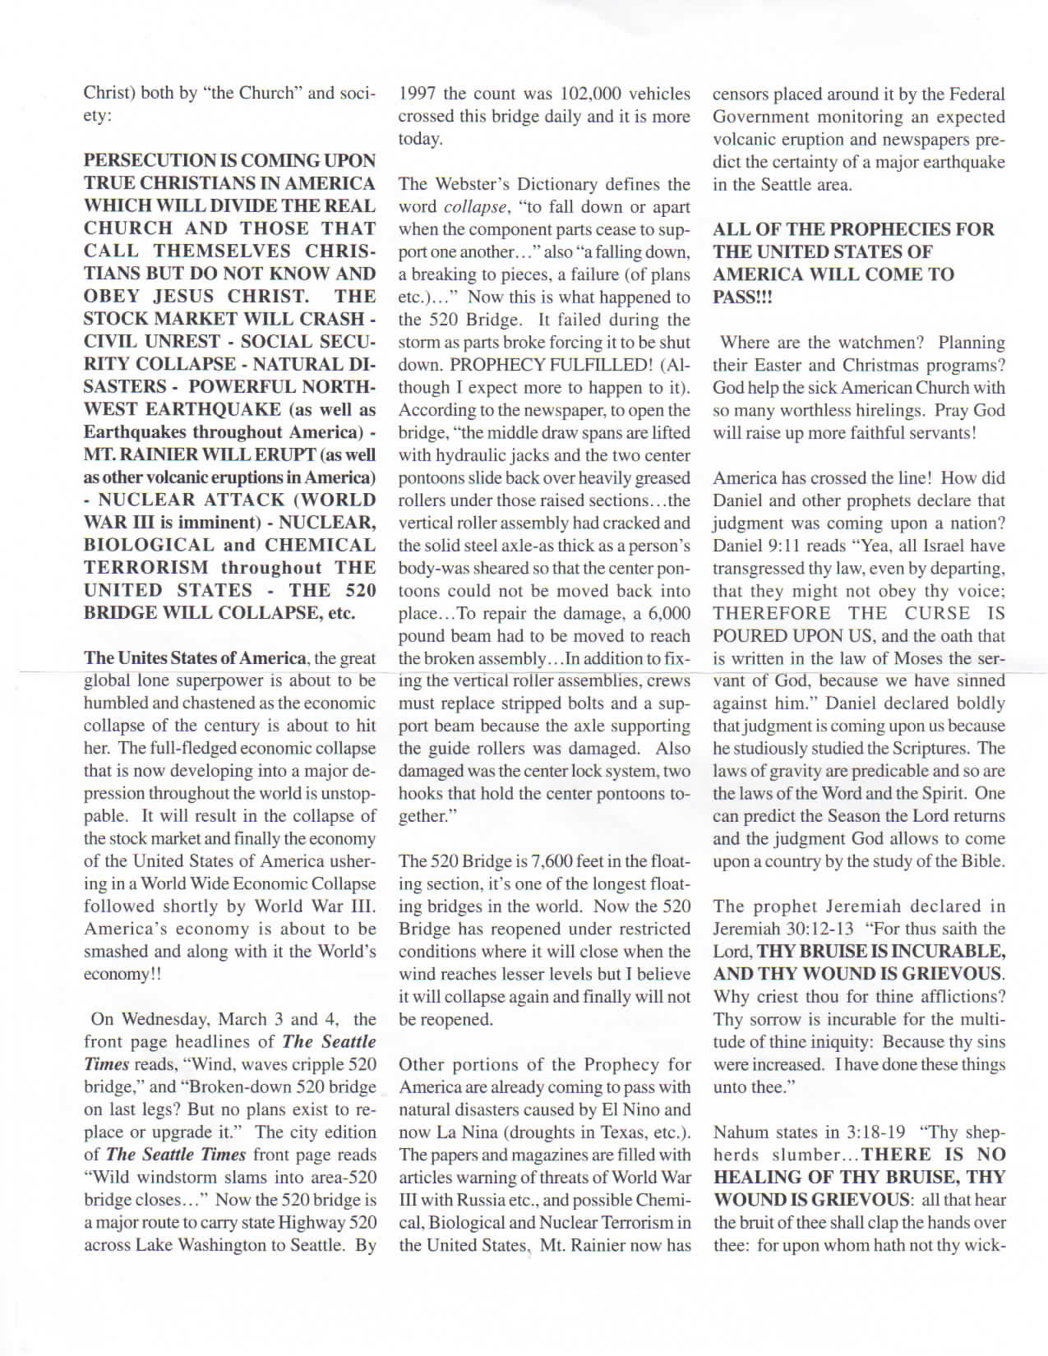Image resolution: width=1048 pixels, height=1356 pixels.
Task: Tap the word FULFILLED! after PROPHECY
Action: [x=603, y=365]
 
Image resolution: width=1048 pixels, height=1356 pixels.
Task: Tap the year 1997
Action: [x=418, y=94]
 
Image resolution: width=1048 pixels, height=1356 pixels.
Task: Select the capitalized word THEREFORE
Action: [x=772, y=613]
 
